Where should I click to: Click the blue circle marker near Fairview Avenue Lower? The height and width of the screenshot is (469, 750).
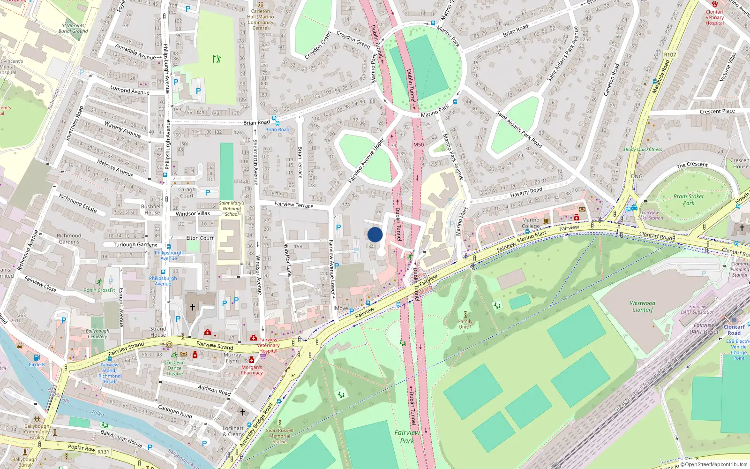(375, 234)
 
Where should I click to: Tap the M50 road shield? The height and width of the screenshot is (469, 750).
(419, 144)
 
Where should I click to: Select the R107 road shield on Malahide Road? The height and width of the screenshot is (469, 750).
(670, 55)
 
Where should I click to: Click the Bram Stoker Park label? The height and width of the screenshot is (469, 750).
(689, 200)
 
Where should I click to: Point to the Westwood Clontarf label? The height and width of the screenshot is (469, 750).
(643, 307)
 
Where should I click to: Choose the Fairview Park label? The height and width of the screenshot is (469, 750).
(407, 437)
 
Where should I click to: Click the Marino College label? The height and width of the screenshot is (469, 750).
(531, 223)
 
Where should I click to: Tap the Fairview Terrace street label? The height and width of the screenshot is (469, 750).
(293, 205)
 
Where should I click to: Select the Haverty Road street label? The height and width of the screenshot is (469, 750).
(526, 192)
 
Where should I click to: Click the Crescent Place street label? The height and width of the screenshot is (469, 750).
(717, 112)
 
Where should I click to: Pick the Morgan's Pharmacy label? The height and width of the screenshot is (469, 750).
(252, 370)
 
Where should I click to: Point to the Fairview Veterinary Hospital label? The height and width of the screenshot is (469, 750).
(268, 345)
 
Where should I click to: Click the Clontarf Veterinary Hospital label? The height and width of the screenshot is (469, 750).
(714, 17)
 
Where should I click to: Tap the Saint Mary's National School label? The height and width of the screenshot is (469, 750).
(232, 209)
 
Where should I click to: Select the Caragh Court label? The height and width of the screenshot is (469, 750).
(187, 193)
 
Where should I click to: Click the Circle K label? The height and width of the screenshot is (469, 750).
(37, 364)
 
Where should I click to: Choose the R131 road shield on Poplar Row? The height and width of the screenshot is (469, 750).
(103, 452)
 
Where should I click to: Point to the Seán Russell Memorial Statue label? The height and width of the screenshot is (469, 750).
(279, 436)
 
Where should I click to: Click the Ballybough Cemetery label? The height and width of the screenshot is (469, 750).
(97, 333)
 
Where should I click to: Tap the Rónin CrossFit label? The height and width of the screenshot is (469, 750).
(99, 290)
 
